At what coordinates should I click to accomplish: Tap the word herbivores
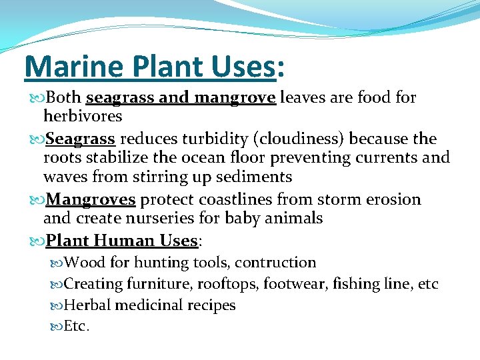click(83, 116)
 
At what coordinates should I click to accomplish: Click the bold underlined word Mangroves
click(92, 199)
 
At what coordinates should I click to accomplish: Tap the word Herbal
click(87, 305)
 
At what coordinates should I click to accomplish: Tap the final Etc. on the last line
click(77, 327)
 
